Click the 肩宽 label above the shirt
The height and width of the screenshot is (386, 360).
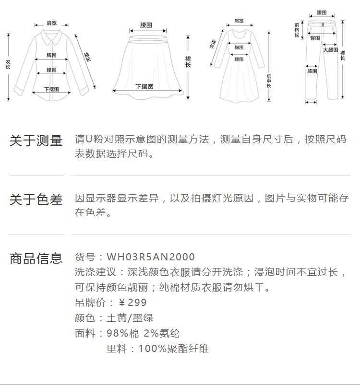[51, 23]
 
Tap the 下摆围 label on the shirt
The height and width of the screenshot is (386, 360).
[51, 89]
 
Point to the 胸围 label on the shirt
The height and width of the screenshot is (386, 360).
[52, 56]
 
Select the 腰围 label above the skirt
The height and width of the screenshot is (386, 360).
[146, 24]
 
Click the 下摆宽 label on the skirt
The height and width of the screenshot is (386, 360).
[144, 86]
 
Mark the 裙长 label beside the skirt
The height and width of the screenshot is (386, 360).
[188, 61]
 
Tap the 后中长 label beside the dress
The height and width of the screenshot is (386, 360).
[269, 82]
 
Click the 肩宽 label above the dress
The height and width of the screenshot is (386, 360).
[239, 21]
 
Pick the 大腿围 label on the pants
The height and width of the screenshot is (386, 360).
[330, 50]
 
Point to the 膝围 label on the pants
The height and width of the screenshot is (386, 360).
[312, 71]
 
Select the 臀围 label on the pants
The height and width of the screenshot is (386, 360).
[315, 37]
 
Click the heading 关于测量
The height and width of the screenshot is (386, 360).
[36, 141]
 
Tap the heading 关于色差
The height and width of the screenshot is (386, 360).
[36, 199]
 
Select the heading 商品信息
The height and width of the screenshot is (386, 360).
[36, 258]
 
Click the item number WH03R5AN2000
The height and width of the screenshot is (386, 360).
[151, 257]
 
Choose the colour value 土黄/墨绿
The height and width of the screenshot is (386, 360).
[130, 318]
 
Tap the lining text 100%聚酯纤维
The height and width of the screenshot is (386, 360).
[174, 349]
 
